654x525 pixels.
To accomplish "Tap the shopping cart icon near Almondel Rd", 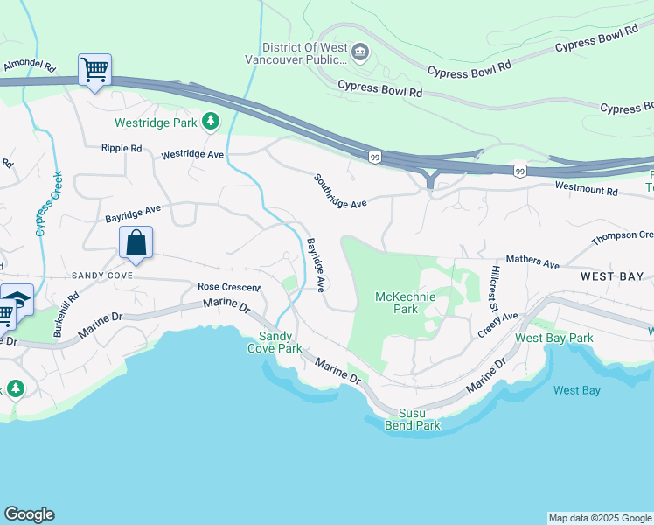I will (x=94, y=69).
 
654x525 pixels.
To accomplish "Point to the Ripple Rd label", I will (x=122, y=149).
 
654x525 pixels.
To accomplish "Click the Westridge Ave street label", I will (x=192, y=154).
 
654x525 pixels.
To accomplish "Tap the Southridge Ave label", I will (x=339, y=191).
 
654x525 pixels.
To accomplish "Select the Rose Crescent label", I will (x=228, y=287).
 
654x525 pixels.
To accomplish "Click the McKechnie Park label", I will (x=405, y=303).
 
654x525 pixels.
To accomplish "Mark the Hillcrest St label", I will (x=493, y=290).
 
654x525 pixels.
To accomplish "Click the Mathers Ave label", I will (x=532, y=262).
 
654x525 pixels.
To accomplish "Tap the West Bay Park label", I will (x=554, y=338).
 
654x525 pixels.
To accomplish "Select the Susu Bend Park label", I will (x=413, y=419).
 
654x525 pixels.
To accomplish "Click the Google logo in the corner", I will (x=29, y=514).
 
